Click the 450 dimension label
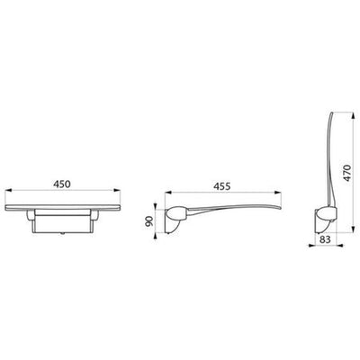[62, 184]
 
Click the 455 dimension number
[222, 186]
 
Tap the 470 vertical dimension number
[346, 173]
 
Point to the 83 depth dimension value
[325, 239]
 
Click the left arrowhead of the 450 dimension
[9, 190]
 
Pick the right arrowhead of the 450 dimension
[117, 190]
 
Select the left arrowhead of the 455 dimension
[168, 193]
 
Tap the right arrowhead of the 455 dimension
[278, 193]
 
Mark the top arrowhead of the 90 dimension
[155, 206]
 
